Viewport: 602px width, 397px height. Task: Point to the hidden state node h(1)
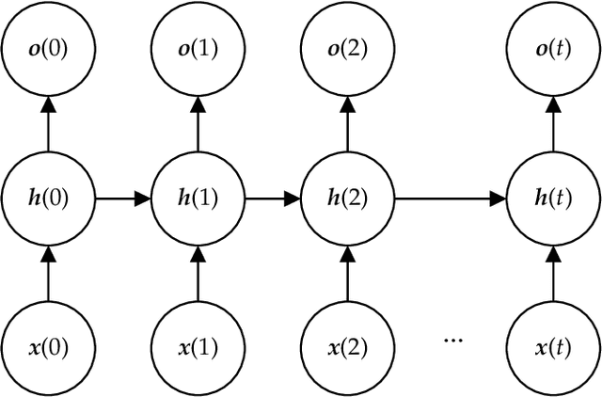(x=198, y=198)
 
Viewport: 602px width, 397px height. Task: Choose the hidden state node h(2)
(x=348, y=198)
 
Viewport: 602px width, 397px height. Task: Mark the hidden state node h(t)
(x=552, y=198)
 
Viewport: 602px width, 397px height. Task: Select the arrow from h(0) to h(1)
(x=123, y=198)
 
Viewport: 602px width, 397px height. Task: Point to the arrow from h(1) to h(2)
(x=273, y=198)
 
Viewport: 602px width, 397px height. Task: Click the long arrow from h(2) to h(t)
(x=450, y=198)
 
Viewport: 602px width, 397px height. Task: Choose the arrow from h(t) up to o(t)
(x=552, y=124)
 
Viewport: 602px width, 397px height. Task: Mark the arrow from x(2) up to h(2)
(x=348, y=273)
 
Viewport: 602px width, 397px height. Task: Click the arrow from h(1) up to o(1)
(x=198, y=124)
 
